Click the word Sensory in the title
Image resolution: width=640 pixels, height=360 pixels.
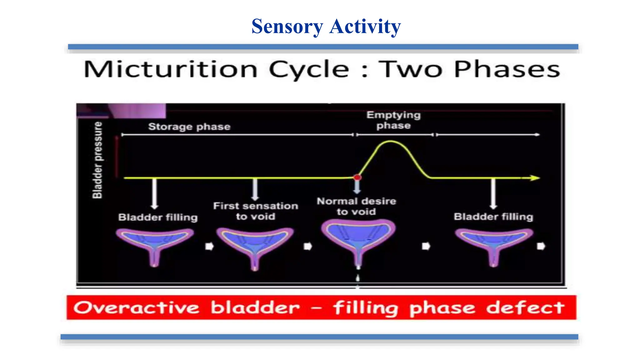point(287,27)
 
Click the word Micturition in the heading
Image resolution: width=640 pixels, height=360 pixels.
point(171,69)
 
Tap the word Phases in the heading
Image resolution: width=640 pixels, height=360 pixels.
point(507,69)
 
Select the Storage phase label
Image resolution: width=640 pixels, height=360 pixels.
point(189,127)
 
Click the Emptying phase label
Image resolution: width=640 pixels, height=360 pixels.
point(393,120)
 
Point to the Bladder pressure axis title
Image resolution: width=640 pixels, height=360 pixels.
point(97,160)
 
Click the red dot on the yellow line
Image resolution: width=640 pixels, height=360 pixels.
point(357,177)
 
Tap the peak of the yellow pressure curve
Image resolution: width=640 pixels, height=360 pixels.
point(391,142)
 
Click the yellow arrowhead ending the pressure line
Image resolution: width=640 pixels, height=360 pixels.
point(535,178)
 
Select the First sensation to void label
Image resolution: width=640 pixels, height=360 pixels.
point(255,211)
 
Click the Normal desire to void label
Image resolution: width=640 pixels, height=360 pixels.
point(356,206)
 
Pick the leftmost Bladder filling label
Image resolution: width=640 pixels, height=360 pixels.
point(158,217)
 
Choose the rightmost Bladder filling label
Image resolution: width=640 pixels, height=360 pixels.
point(493,217)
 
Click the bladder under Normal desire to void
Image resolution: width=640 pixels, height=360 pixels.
point(358,237)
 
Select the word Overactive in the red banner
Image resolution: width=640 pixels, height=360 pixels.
point(136,307)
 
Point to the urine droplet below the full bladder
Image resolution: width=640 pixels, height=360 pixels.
point(358,278)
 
